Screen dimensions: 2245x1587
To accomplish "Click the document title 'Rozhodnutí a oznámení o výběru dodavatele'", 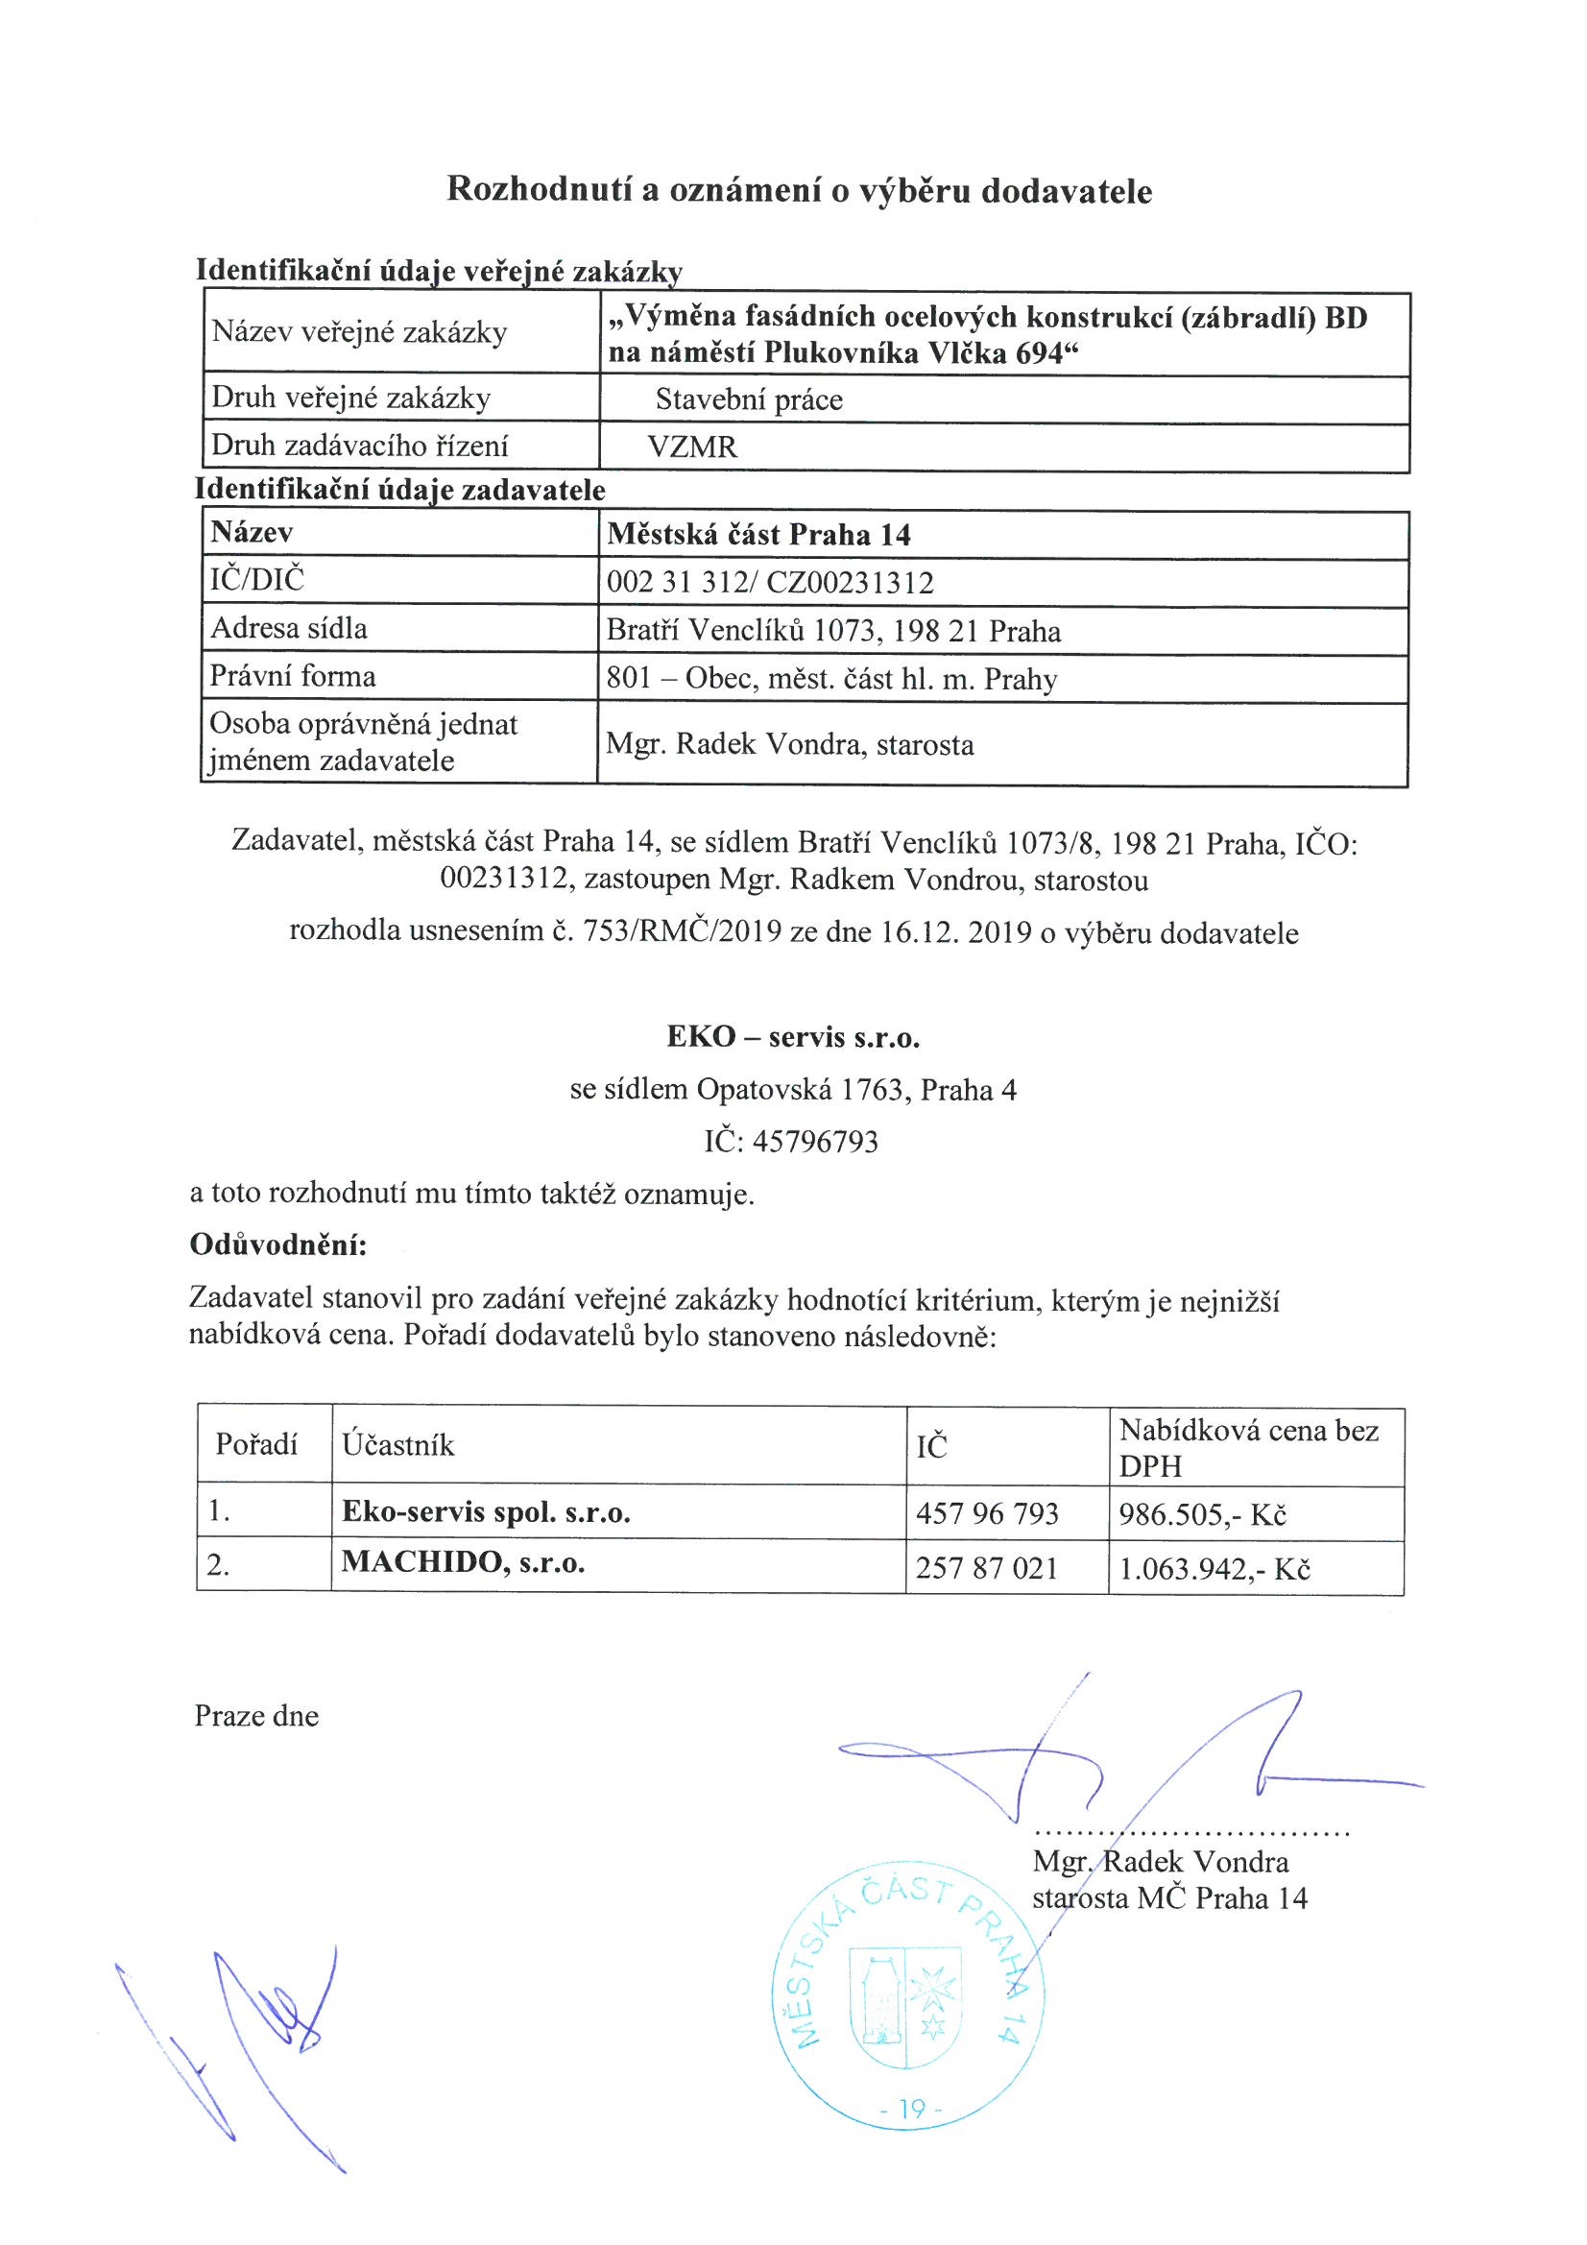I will click(x=799, y=190).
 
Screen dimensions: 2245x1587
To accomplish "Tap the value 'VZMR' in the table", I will click(x=692, y=447).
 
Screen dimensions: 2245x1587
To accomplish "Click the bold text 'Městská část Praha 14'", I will click(x=758, y=535).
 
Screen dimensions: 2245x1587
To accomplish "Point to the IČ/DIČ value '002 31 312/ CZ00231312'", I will click(x=770, y=583).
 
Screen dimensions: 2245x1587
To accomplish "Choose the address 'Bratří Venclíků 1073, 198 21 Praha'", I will click(x=833, y=631).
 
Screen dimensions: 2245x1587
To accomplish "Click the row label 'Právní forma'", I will click(x=293, y=677).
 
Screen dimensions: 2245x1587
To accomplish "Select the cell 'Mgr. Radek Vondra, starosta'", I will click(x=790, y=745).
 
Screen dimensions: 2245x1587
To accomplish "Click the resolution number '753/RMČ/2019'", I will click(x=682, y=931).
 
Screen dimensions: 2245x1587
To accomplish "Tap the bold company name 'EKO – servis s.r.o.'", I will click(x=793, y=1036).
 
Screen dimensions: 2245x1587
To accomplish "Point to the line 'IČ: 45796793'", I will click(x=791, y=1141).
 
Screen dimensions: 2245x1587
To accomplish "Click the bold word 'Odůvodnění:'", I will click(x=277, y=1244).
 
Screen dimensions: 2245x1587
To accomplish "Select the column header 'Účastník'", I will click(x=398, y=1445).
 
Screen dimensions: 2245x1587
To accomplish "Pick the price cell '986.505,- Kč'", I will click(x=1203, y=1514).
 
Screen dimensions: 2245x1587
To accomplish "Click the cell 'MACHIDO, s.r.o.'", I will click(x=463, y=1562).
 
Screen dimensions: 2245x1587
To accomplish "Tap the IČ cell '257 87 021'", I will click(x=987, y=1568).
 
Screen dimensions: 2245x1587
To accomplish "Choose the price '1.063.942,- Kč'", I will click(x=1214, y=1569).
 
